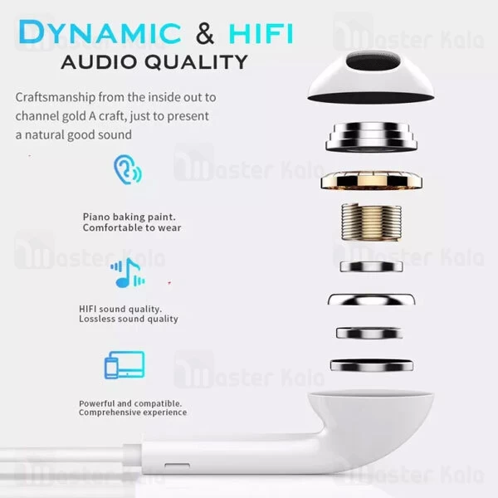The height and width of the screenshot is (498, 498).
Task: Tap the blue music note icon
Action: [127, 272]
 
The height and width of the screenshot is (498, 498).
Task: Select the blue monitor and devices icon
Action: [124, 364]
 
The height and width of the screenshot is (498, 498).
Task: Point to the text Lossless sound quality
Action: [129, 319]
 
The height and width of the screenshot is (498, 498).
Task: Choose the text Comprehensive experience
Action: [133, 413]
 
